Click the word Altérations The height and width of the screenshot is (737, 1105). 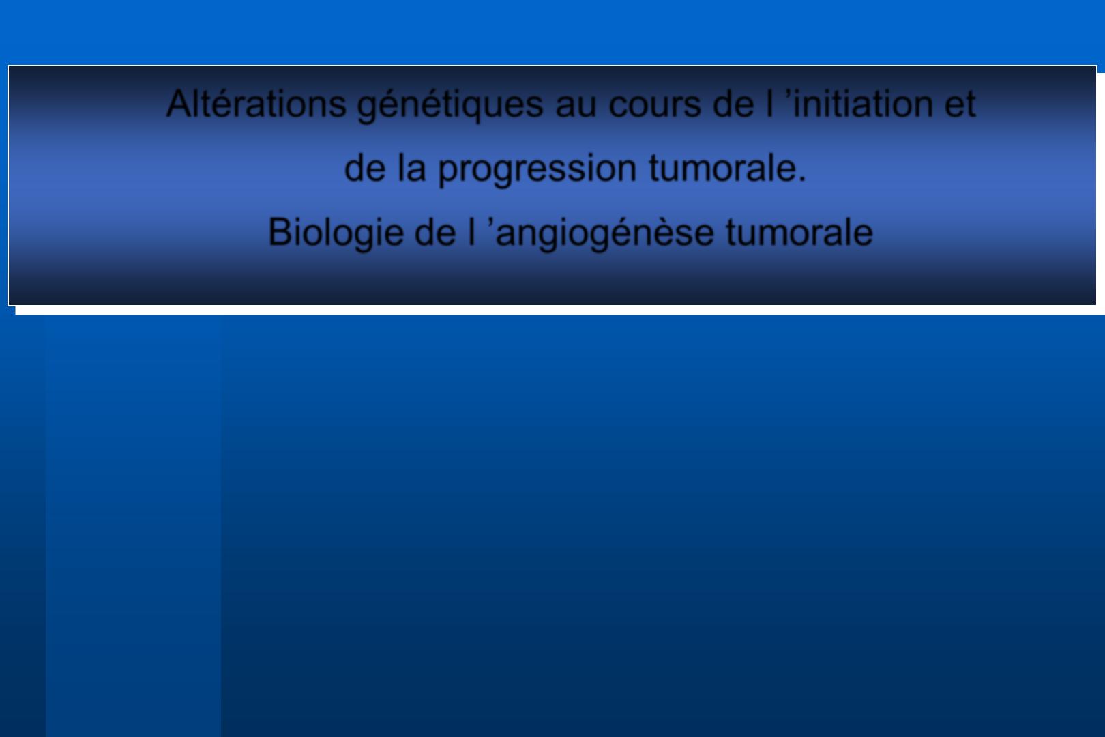pos(256,104)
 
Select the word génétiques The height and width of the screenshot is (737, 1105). pos(450,104)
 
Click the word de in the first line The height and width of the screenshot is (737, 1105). pos(733,104)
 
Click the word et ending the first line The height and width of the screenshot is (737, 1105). pos(960,104)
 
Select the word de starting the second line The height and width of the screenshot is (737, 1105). pos(364,168)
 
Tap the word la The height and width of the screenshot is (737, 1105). pos(411,168)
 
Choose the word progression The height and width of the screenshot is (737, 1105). pos(537,171)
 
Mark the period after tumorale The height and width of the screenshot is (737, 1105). pos(801,179)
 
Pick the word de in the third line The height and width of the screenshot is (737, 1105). pos(435,232)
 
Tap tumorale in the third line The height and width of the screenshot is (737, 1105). pos(799,233)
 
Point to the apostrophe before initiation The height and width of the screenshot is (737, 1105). pos(788,93)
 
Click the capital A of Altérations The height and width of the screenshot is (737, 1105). pos(179,104)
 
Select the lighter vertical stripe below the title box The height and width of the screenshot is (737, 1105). pos(133,526)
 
